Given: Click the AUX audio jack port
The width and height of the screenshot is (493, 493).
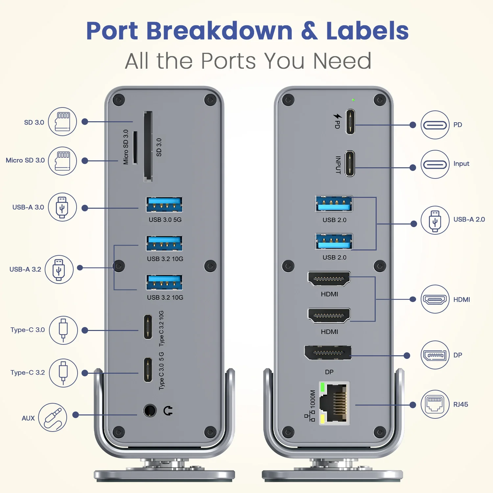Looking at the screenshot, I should pyautogui.click(x=150, y=411).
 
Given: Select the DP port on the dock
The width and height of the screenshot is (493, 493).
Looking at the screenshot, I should pyautogui.click(x=328, y=353).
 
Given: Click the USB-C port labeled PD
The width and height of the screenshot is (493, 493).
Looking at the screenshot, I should pyautogui.click(x=350, y=122).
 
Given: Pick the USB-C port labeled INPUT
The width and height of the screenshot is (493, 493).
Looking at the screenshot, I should pyautogui.click(x=350, y=164).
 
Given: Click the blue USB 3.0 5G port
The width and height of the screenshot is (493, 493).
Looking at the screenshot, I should pyautogui.click(x=164, y=204).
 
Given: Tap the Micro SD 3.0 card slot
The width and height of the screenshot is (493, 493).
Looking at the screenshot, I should pyautogui.click(x=135, y=148).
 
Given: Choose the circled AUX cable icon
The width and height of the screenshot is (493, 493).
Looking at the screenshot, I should pyautogui.click(x=53, y=417).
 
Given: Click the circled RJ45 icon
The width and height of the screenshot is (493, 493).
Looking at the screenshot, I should pyautogui.click(x=435, y=404).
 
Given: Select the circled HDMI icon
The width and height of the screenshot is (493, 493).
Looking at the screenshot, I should pyautogui.click(x=435, y=299).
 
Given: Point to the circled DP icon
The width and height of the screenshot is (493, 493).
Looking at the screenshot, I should pyautogui.click(x=435, y=355).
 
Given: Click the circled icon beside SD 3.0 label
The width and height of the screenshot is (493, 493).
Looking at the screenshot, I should pyautogui.click(x=62, y=122).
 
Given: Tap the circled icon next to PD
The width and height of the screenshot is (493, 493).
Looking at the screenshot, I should pyautogui.click(x=435, y=125).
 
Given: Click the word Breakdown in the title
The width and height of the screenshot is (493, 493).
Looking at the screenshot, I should pyautogui.click(x=219, y=31).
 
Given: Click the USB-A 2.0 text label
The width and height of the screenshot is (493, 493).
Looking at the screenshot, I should pyautogui.click(x=469, y=220).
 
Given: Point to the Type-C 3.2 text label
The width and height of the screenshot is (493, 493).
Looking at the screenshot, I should pyautogui.click(x=28, y=373).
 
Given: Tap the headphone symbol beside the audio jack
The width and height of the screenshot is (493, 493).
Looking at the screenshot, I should pyautogui.click(x=168, y=411).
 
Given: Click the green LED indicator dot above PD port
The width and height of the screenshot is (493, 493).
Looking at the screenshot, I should pyautogui.click(x=353, y=100).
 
